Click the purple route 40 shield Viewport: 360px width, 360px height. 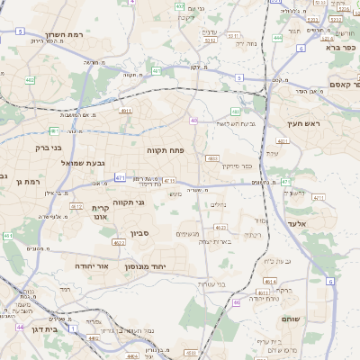tap(193, 120)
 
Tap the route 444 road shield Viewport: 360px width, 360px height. tap(277, 38)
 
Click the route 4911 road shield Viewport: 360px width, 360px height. tap(125, 111)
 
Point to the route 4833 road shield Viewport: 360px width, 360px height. tap(212, 157)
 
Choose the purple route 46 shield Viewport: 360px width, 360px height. tap(237, 302)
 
